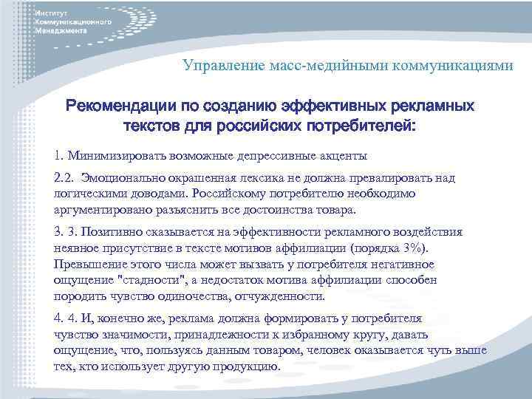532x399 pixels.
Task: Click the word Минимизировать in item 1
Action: tap(109, 156)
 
